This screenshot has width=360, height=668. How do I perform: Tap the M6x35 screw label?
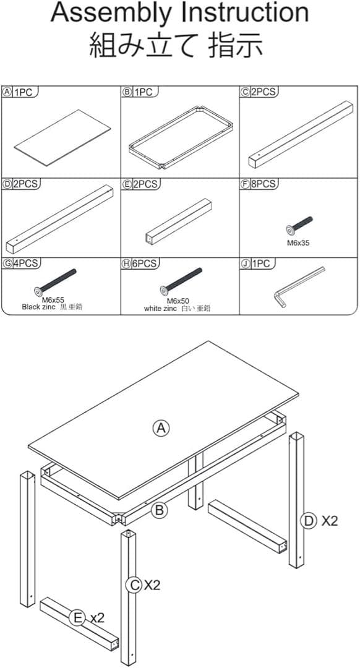click(x=298, y=244)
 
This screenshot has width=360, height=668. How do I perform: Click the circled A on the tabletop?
click(x=161, y=428)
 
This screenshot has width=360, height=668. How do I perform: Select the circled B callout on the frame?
click(x=159, y=510)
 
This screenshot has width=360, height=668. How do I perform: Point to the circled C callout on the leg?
click(x=134, y=585)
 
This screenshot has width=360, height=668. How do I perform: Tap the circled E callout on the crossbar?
click(x=77, y=618)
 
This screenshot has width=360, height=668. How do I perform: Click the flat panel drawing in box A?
click(x=62, y=137)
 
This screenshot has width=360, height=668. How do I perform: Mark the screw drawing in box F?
click(x=299, y=225)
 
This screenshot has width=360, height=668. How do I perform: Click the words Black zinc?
click(x=40, y=307)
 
